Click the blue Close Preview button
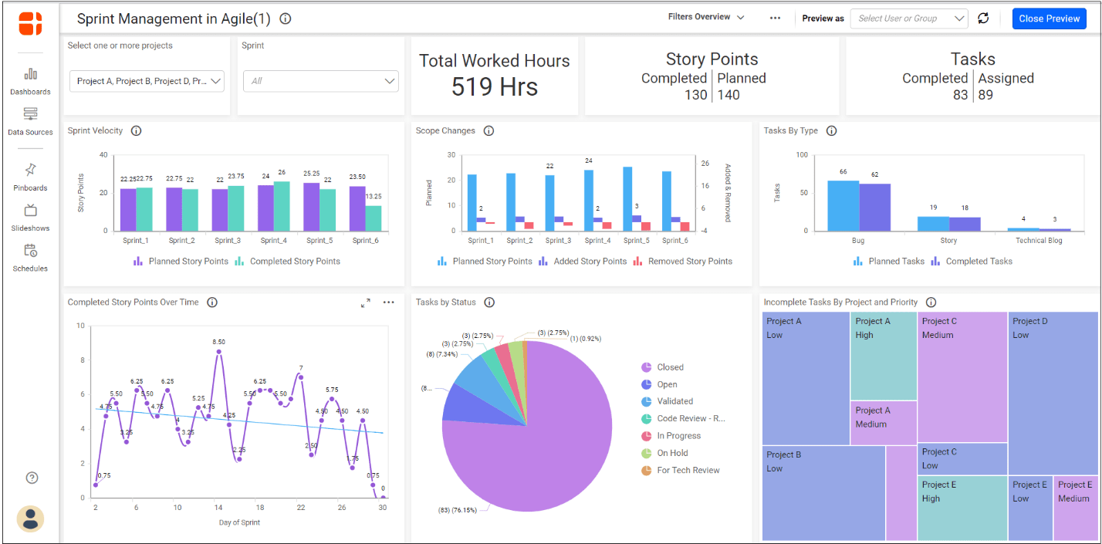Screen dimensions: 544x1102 point(1049,19)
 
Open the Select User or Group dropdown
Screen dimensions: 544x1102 point(908,19)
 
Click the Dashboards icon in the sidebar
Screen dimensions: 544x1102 point(31,75)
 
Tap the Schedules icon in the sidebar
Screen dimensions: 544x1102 point(31,251)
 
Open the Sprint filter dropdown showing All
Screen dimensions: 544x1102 point(321,81)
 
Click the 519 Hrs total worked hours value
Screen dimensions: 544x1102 point(494,86)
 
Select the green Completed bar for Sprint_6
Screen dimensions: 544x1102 point(374,218)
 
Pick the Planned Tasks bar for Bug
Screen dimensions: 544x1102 point(843,205)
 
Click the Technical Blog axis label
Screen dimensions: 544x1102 point(1039,241)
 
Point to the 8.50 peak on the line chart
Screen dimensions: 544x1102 point(219,352)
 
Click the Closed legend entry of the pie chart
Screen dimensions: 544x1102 point(670,367)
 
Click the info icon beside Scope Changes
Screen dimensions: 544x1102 point(488,131)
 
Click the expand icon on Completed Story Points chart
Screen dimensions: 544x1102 point(366,302)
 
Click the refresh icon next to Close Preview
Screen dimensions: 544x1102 point(983,19)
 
